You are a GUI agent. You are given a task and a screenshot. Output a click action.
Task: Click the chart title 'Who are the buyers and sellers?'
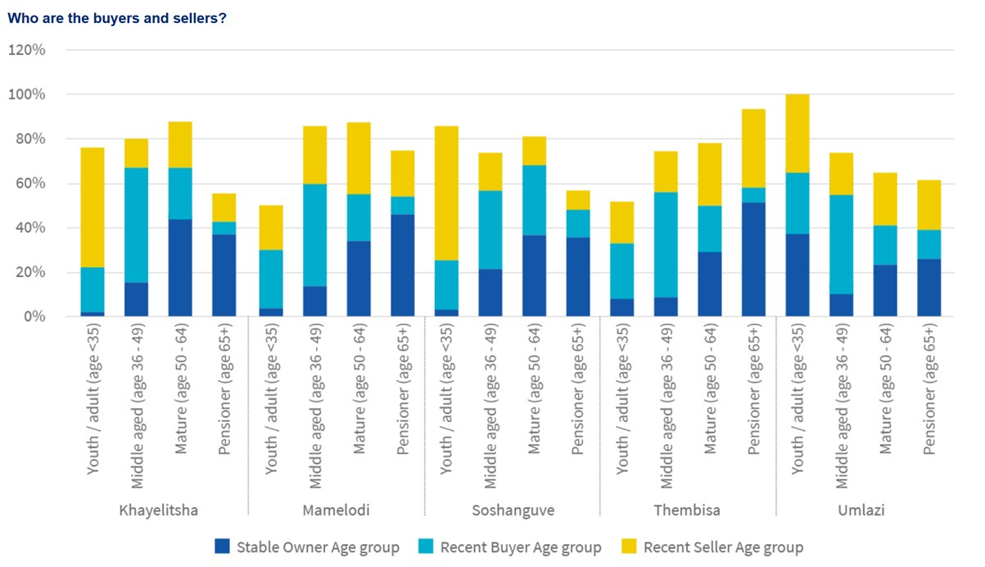point(116,18)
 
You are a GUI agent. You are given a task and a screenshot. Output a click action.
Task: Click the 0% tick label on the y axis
point(33,316)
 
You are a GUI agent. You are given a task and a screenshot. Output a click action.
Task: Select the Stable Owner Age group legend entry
point(307,547)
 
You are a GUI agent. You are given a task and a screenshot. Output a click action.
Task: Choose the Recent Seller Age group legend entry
point(712,547)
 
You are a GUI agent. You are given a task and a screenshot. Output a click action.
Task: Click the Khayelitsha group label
point(158,510)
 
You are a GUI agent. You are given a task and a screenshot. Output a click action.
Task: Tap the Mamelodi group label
point(336,510)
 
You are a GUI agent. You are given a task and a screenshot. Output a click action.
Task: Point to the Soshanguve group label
point(513,510)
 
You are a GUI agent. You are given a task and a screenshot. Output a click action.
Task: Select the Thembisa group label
point(687,510)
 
